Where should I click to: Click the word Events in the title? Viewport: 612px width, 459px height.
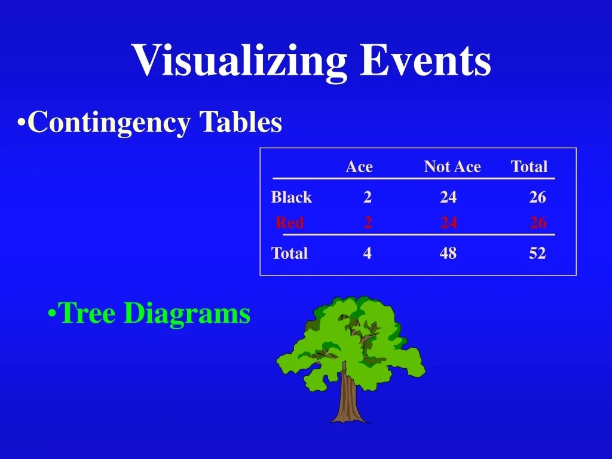[426, 60]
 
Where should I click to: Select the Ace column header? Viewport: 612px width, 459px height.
[359, 167]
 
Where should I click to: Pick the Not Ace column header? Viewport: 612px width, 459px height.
[452, 167]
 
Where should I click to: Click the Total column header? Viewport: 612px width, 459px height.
[529, 167]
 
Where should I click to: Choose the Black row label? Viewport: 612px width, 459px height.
[292, 197]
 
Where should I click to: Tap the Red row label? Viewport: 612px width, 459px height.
[290, 223]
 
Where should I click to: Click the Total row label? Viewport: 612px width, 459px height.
[290, 253]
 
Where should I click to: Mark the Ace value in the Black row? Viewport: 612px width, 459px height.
[368, 197]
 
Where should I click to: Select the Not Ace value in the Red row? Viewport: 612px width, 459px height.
[449, 223]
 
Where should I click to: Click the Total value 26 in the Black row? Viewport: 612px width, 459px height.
[537, 197]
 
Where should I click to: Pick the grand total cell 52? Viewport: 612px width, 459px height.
[537, 253]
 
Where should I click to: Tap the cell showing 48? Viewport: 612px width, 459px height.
[448, 253]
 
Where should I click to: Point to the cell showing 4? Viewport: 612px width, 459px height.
[367, 253]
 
